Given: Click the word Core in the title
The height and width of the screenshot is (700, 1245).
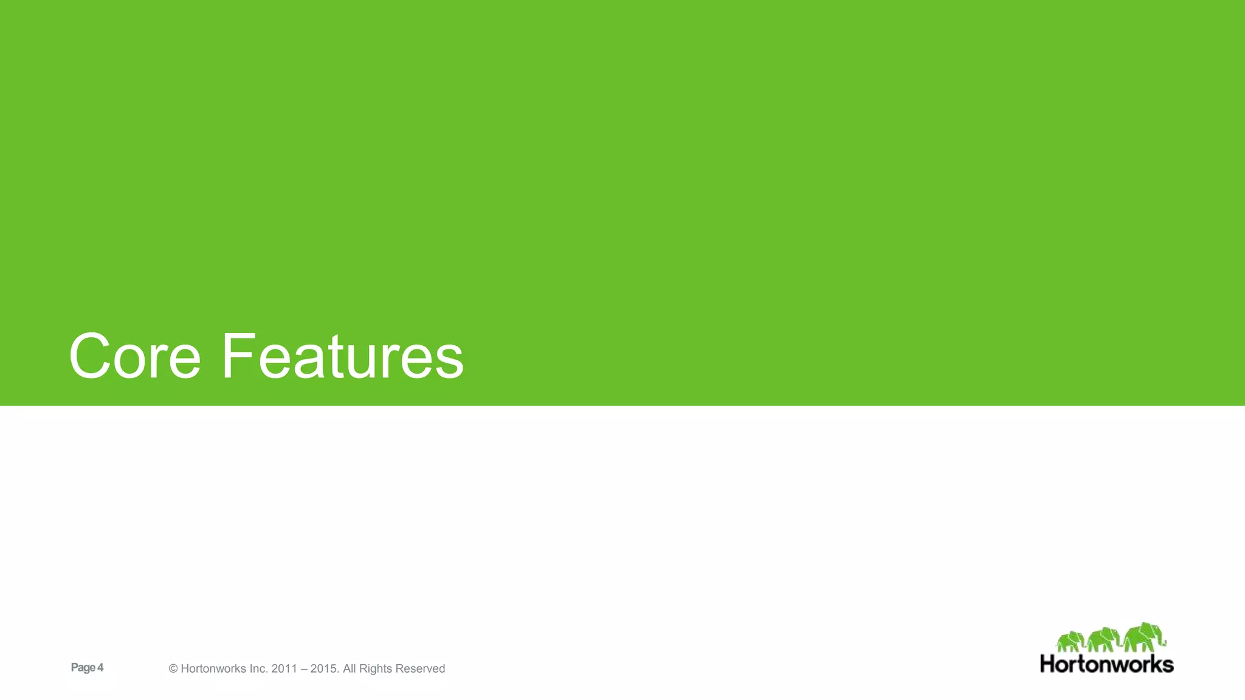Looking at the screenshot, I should (134, 357).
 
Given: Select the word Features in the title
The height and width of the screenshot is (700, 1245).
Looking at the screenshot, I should (342, 357).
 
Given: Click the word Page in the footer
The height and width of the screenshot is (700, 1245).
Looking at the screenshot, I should (83, 668).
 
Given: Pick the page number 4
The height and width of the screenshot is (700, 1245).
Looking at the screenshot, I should (100, 668).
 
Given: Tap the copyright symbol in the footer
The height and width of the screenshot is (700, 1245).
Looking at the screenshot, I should (173, 669).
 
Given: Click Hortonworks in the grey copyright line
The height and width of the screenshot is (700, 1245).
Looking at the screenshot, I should (213, 669).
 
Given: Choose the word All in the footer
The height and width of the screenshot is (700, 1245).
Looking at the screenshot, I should (350, 669).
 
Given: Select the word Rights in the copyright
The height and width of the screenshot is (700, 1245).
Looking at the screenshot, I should (376, 669).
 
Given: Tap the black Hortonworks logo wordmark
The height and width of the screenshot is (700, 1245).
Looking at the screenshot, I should (1106, 664).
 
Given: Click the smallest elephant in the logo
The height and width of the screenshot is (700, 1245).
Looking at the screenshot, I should (1070, 642).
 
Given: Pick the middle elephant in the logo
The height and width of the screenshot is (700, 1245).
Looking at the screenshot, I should (1103, 640).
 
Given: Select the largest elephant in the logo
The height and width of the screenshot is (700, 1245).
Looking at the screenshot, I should (1143, 637).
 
